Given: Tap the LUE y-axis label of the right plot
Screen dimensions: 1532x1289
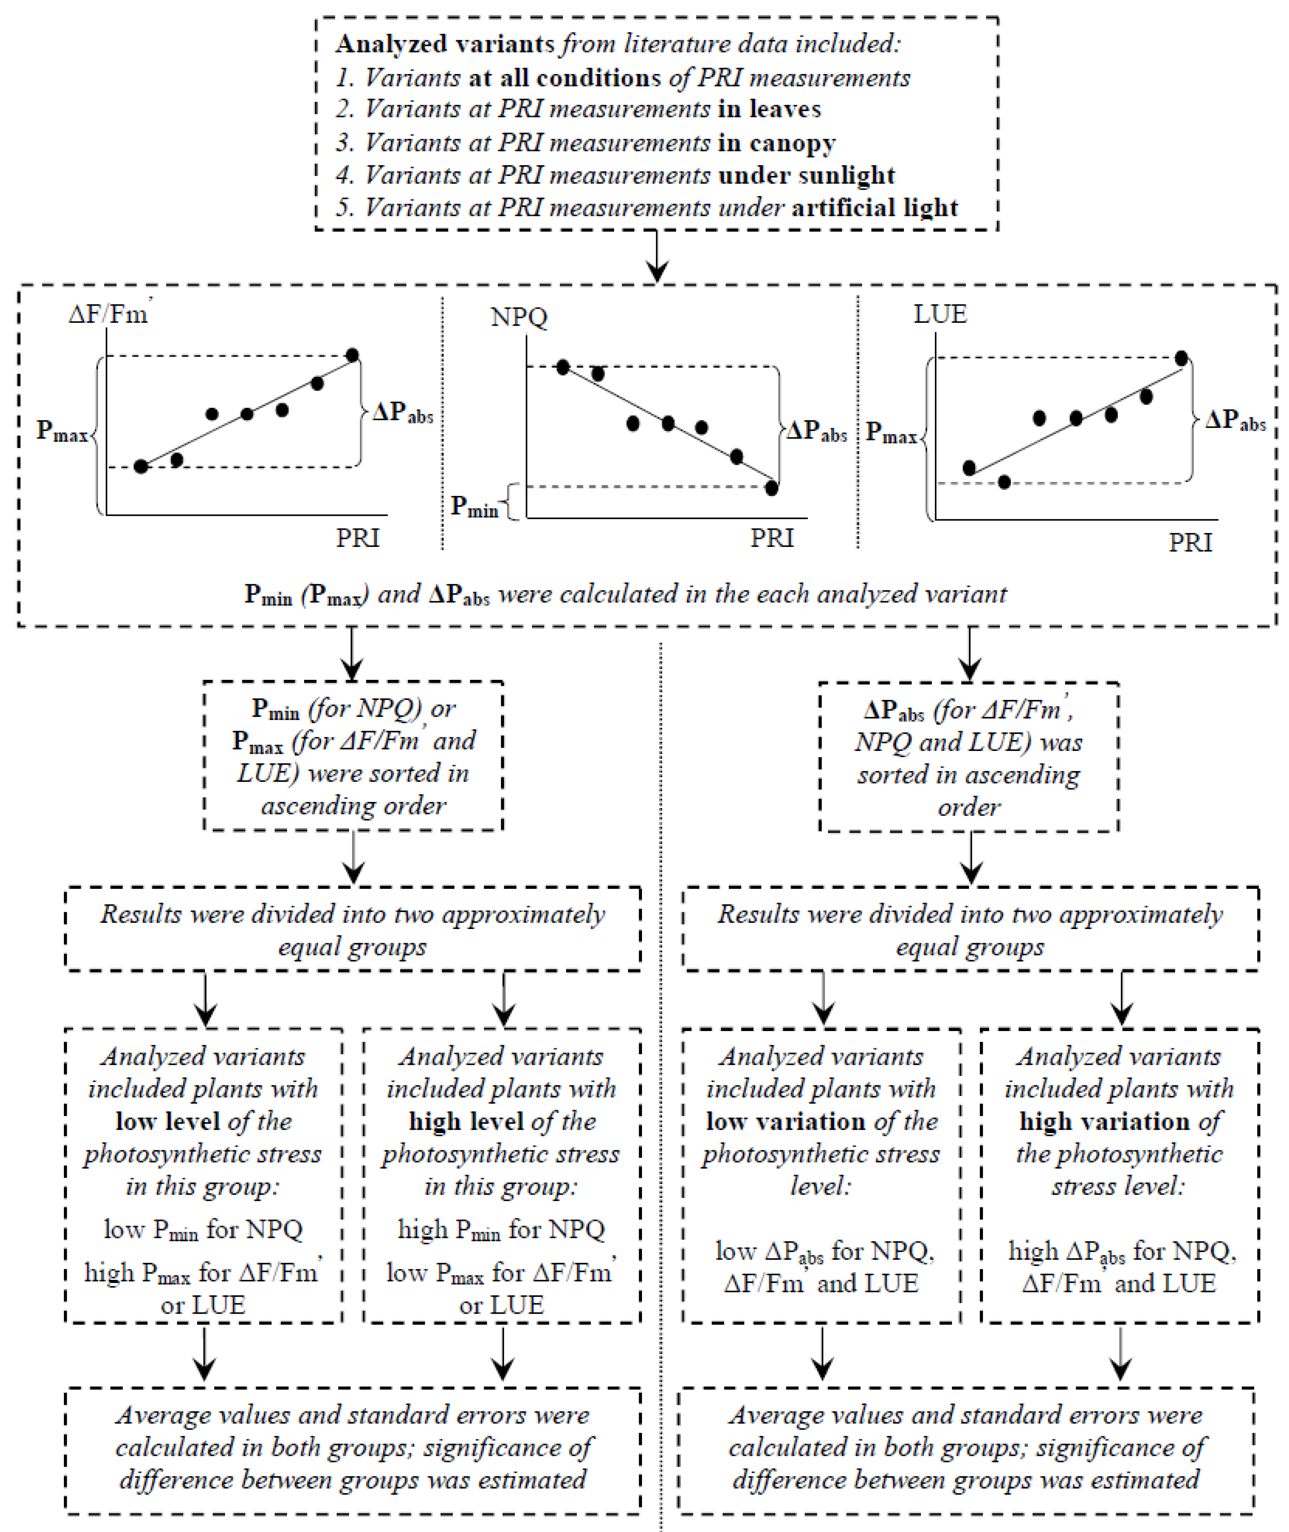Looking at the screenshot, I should (x=940, y=314).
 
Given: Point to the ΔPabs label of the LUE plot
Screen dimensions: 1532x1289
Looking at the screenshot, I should (x=1235, y=420).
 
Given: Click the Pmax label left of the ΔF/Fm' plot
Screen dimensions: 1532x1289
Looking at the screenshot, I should (x=62, y=431).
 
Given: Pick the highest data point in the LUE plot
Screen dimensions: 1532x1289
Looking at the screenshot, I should (x=1181, y=358).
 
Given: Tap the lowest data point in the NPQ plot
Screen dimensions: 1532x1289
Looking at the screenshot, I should (x=771, y=488).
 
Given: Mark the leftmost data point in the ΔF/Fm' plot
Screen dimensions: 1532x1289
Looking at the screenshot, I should (x=141, y=466).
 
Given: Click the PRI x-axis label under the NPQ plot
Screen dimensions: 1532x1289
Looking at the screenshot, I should (x=772, y=538).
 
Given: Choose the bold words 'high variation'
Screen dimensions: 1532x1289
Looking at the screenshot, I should (x=1105, y=1121).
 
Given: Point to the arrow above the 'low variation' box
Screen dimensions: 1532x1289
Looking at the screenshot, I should (x=824, y=1000).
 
